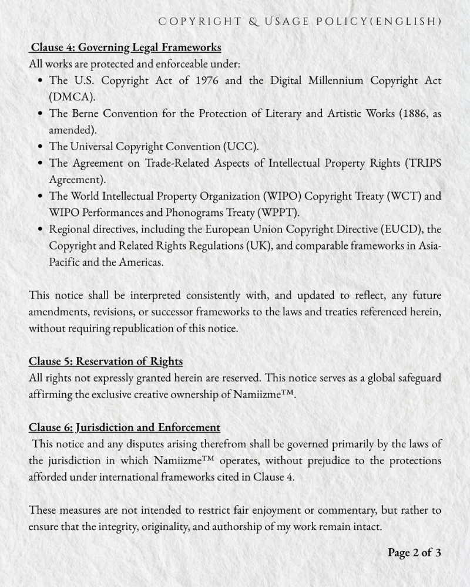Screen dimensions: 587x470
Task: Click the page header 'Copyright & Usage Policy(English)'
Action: point(300,22)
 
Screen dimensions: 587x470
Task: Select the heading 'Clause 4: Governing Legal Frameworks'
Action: point(126,47)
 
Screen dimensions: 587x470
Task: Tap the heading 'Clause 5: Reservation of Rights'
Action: point(106,360)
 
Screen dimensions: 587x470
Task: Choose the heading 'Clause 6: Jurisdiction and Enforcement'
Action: point(125,427)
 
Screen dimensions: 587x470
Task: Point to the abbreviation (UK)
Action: point(258,245)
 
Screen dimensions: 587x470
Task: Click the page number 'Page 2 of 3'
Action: point(414,552)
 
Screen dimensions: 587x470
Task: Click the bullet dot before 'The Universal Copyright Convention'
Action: point(40,147)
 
